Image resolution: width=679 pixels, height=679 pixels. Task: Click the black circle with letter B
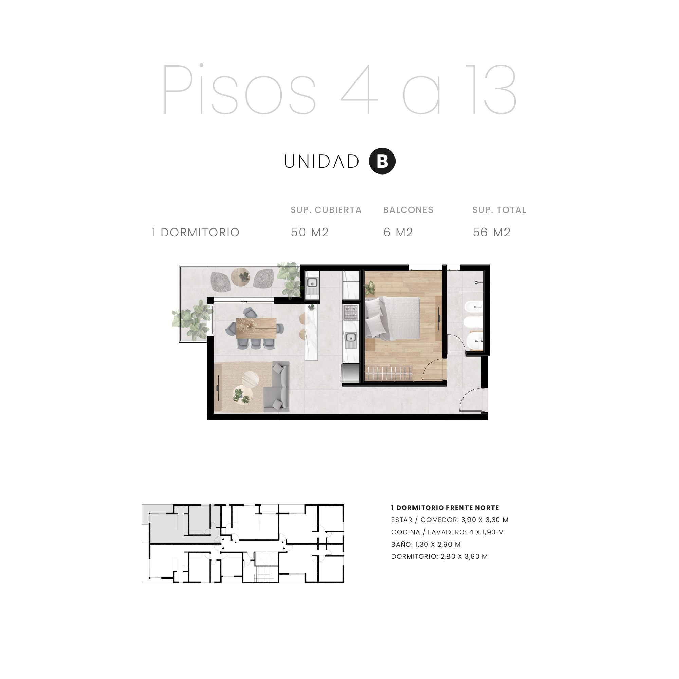click(382, 161)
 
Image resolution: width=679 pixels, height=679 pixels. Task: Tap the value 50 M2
click(309, 232)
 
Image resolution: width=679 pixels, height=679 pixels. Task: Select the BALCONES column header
click(408, 210)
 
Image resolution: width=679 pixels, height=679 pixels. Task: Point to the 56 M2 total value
click(491, 232)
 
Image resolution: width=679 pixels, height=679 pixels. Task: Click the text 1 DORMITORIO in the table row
click(196, 232)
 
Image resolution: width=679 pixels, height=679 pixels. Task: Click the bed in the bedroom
click(392, 318)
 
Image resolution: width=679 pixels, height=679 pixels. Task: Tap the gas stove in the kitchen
click(350, 313)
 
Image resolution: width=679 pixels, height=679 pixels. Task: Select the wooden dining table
click(256, 328)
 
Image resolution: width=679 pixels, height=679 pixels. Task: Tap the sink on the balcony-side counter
click(312, 282)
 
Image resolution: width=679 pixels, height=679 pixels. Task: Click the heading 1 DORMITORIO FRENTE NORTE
click(445, 508)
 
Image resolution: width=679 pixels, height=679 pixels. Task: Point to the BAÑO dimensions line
click(426, 544)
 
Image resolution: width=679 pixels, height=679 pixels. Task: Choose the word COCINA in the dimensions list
click(406, 532)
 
